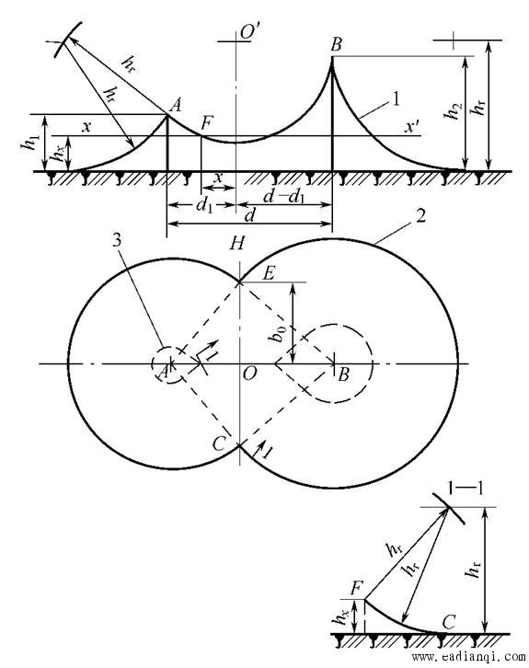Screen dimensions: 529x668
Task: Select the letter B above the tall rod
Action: (336, 44)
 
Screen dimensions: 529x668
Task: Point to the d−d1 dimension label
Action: (283, 197)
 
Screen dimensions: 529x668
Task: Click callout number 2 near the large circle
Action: (420, 216)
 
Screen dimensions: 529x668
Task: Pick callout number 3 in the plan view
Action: (117, 240)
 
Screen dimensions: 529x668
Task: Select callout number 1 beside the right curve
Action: (397, 100)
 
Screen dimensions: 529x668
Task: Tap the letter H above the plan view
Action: (236, 244)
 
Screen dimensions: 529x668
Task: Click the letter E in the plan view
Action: (268, 273)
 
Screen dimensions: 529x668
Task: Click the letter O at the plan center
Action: (249, 374)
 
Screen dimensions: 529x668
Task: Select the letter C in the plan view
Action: (219, 444)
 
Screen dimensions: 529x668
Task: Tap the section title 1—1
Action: (466, 489)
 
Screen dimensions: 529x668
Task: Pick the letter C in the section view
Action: (449, 622)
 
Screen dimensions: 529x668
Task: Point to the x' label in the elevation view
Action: (412, 127)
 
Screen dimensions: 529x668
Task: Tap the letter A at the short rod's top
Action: (175, 105)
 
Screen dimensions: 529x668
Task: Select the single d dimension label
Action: (250, 215)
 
